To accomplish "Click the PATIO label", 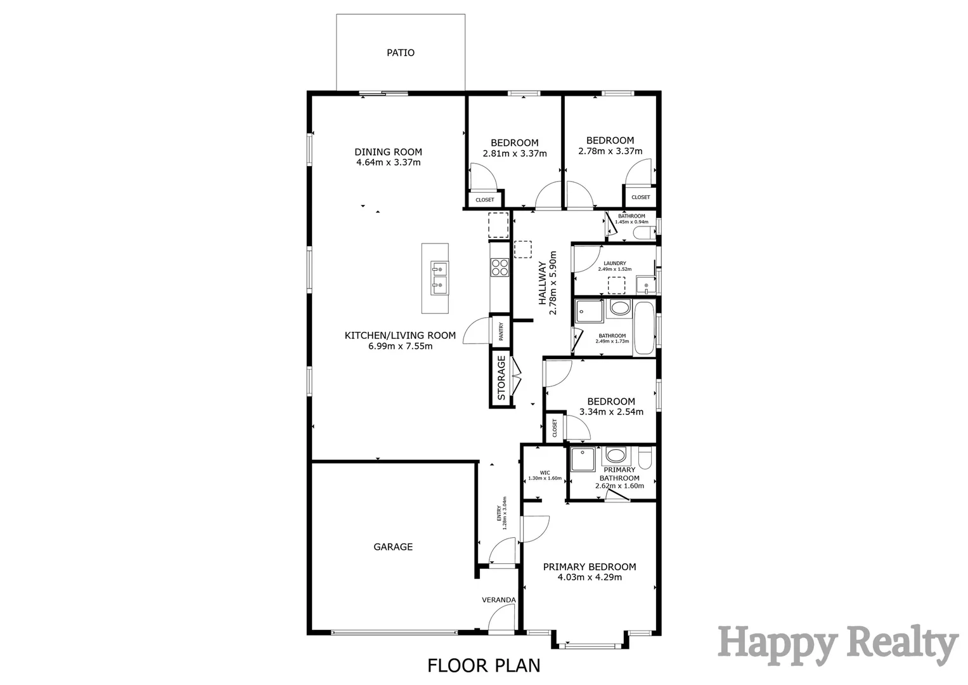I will pyautogui.click(x=401, y=53).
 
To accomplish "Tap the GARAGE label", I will pyautogui.click(x=393, y=547).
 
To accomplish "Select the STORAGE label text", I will pyautogui.click(x=501, y=378).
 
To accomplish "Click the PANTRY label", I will pyautogui.click(x=501, y=332).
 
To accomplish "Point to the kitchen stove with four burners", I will pyautogui.click(x=500, y=268).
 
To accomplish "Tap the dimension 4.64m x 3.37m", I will pyautogui.click(x=388, y=162).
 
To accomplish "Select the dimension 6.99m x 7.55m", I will pyautogui.click(x=400, y=346).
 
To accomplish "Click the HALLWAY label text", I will pyautogui.click(x=543, y=284).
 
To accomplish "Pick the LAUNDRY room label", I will pyautogui.click(x=614, y=263).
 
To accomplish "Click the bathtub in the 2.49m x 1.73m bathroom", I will pyautogui.click(x=644, y=328).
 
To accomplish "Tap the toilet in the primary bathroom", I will pyautogui.click(x=645, y=457).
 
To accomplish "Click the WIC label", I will pyautogui.click(x=545, y=473).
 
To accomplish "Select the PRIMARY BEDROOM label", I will pyautogui.click(x=590, y=567).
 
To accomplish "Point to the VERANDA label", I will pyautogui.click(x=499, y=600).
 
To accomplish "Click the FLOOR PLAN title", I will pyautogui.click(x=484, y=665).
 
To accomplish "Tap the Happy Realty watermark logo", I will pyautogui.click(x=837, y=644).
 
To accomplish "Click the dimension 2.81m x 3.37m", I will pyautogui.click(x=514, y=153).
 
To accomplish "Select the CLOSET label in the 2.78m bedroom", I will pyautogui.click(x=641, y=197).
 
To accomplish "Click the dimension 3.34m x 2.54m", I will pyautogui.click(x=611, y=412).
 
